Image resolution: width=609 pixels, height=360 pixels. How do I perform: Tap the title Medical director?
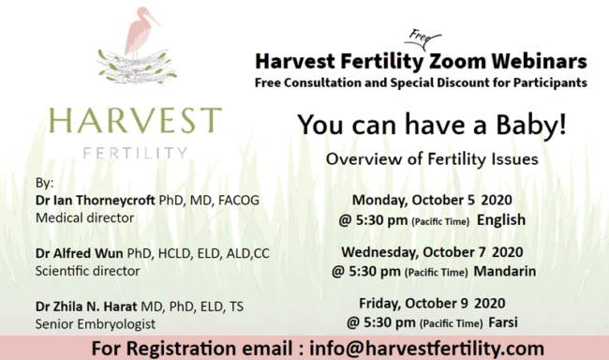(85, 218)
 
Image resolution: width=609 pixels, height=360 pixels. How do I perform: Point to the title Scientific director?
(87, 271)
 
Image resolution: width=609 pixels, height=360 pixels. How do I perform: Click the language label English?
(501, 221)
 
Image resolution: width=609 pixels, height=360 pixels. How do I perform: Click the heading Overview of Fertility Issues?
(431, 160)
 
